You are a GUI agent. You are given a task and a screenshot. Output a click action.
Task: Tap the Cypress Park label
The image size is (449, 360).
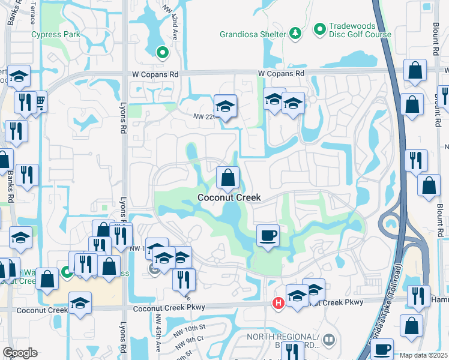(56, 35)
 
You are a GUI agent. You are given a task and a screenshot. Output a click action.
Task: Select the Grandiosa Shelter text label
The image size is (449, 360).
(252, 34)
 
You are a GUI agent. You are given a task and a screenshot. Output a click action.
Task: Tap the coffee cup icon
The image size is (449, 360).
(268, 235)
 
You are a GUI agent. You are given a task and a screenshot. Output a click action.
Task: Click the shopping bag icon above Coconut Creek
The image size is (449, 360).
(228, 178)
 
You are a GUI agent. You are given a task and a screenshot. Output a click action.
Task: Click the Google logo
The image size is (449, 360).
(20, 353)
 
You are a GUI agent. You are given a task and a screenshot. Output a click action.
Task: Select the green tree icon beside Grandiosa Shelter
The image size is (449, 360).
(295, 34)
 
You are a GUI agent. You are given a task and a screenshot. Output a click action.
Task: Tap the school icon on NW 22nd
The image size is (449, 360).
(226, 106)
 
